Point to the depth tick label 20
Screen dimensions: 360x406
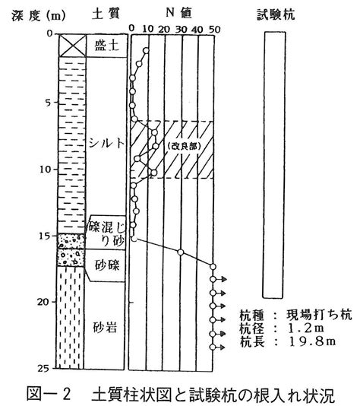tap(43, 302)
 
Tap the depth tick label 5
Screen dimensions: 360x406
tap(49, 103)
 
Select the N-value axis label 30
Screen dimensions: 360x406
tap(181, 29)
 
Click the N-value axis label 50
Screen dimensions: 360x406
tap(214, 29)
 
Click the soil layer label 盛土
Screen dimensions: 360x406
tap(106, 46)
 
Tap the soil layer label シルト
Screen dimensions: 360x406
tap(106, 143)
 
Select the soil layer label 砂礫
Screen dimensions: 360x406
tap(107, 265)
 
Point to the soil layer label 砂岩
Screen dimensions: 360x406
tap(105, 328)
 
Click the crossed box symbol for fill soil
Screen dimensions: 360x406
tap(72, 46)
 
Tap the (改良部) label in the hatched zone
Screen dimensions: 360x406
tap(184, 146)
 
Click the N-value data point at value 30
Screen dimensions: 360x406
tap(181, 252)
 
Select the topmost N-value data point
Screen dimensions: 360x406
tap(146, 50)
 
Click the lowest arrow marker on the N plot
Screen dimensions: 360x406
tap(219, 347)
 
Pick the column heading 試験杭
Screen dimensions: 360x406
tap(276, 14)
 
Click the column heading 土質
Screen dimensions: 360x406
tap(106, 14)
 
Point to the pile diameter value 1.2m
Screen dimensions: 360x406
tap(305, 328)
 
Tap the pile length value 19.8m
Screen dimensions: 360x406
tap(312, 341)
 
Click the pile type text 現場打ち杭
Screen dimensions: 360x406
tap(320, 315)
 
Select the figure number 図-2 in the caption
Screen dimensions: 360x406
tap(49, 394)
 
